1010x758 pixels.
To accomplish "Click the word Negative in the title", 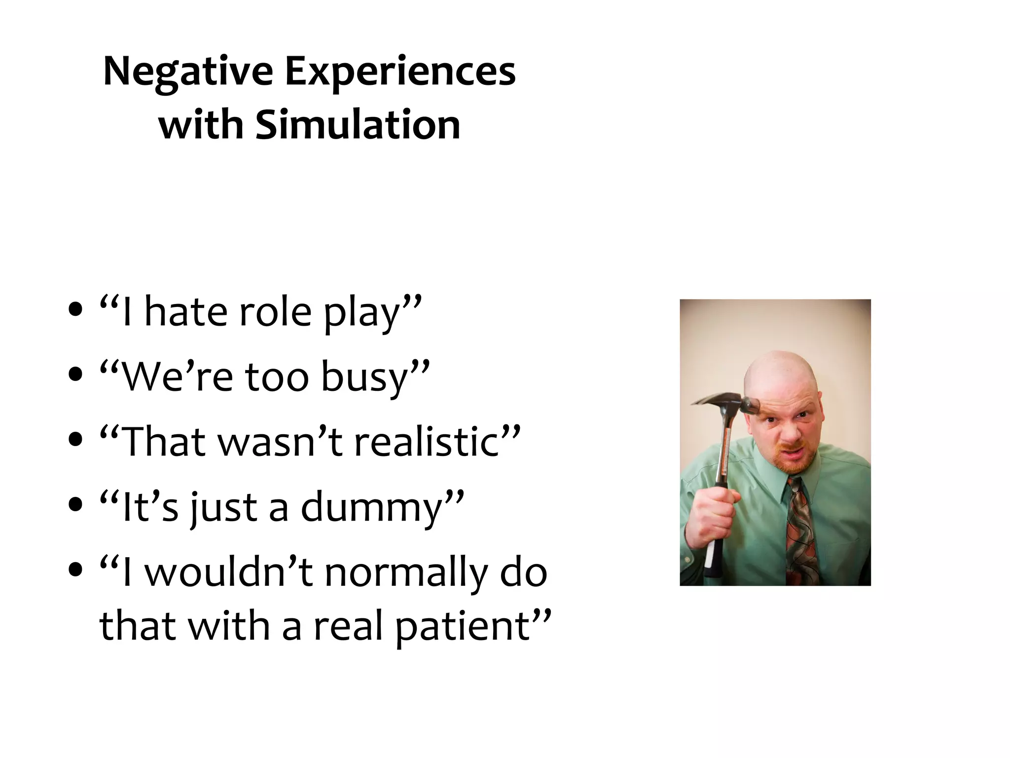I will coord(188,72).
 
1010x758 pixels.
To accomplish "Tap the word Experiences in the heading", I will coord(400,72).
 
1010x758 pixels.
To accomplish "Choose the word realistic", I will coord(429,442).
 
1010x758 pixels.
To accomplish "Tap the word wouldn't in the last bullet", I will coord(229,572).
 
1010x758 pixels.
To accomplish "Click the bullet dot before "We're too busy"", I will coord(75,374).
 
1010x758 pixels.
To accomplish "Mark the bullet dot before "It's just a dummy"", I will coord(75,504).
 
